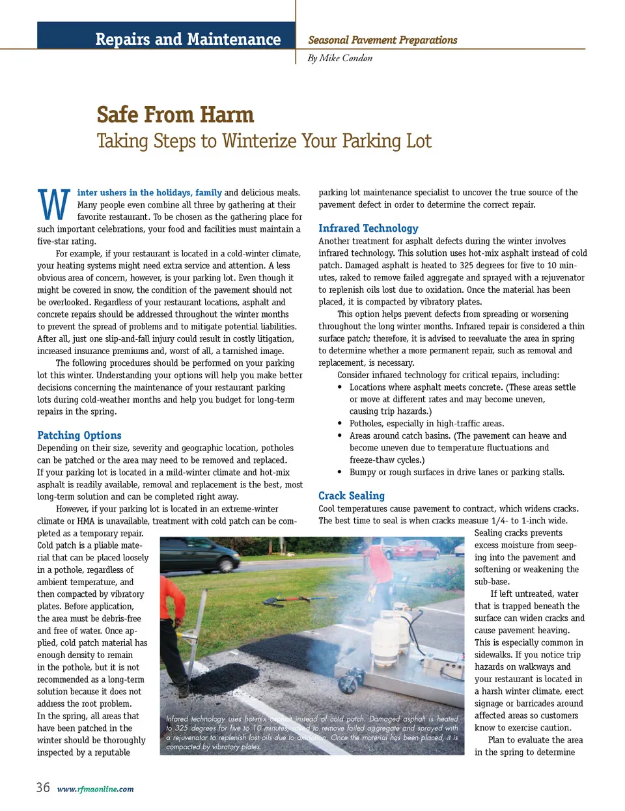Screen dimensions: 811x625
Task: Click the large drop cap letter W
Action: pyautogui.click(x=54, y=204)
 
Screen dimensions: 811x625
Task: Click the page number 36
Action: pyautogui.click(x=43, y=788)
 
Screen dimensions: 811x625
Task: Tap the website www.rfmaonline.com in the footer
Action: pyautogui.click(x=96, y=789)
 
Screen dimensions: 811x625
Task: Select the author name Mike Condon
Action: pyautogui.click(x=346, y=58)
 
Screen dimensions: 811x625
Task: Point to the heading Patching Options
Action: pyautogui.click(x=79, y=435)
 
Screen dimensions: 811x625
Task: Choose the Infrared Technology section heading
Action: pyautogui.click(x=368, y=228)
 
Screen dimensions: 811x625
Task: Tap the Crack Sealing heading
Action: pyautogui.click(x=352, y=496)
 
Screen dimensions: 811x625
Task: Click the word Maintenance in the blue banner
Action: pyautogui.click(x=234, y=39)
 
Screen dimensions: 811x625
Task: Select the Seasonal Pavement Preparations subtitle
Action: pyautogui.click(x=383, y=40)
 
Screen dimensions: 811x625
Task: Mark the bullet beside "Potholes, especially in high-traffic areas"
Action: pyautogui.click(x=340, y=424)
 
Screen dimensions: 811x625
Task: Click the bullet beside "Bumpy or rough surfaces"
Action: pyautogui.click(x=340, y=473)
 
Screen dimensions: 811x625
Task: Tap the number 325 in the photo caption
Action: pyautogui.click(x=180, y=728)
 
